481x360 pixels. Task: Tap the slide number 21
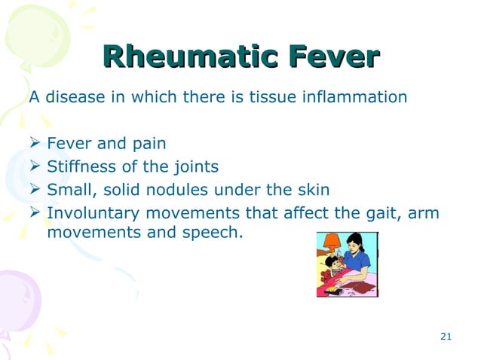(445, 335)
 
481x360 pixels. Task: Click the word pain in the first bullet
(149, 143)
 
